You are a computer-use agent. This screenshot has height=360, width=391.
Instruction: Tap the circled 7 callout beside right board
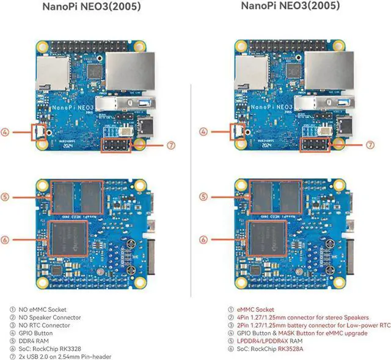click(370, 145)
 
